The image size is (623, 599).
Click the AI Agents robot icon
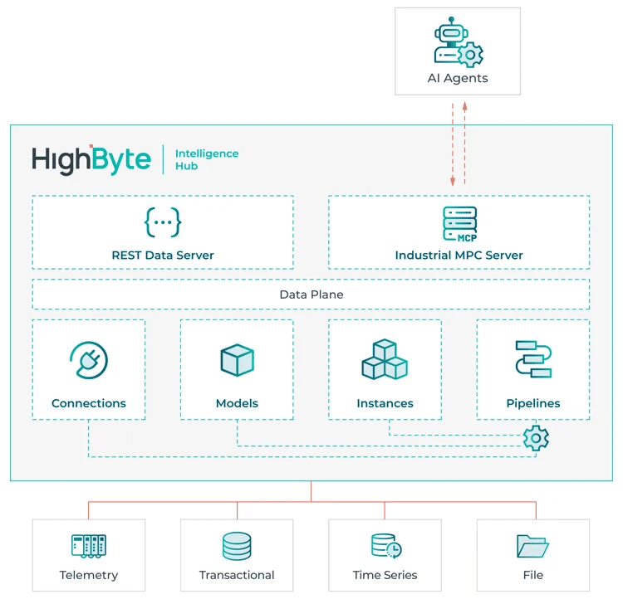pos(458,43)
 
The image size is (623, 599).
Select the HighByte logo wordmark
pos(91,159)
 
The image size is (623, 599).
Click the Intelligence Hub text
pos(206,159)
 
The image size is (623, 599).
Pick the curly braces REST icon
pos(163,222)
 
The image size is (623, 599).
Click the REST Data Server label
pos(163,256)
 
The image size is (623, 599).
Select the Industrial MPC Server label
pos(459,256)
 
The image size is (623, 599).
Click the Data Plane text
pos(311,295)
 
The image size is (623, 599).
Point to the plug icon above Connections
pos(89,360)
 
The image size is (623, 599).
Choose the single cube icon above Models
pos(237,360)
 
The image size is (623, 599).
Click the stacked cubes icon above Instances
pos(385,360)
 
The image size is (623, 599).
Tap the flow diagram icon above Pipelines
pos(532,358)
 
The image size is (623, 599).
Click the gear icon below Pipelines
pos(536,437)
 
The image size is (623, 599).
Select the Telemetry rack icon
pos(89,545)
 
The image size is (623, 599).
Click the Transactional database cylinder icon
pos(237,545)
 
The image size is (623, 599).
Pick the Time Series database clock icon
pos(385,545)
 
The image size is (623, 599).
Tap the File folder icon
pos(532,545)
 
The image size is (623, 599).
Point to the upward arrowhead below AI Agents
pos(465,105)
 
